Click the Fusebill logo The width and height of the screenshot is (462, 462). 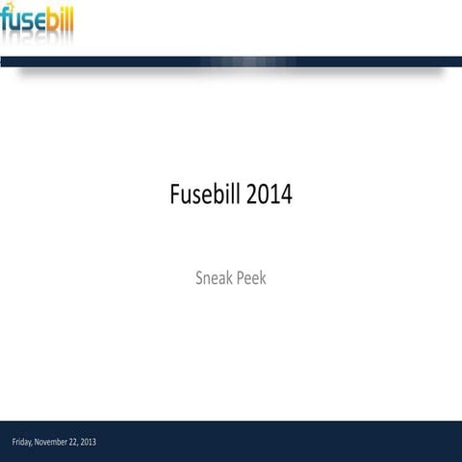tap(37, 20)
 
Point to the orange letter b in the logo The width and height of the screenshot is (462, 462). tap(51, 18)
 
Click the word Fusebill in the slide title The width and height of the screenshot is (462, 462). tap(205, 194)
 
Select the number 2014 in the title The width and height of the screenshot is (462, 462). tap(269, 194)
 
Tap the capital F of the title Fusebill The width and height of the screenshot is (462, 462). tap(175, 194)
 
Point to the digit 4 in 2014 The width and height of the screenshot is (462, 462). tap(286, 194)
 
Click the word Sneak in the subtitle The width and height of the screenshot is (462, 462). tap(212, 278)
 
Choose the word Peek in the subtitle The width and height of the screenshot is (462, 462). tap(248, 278)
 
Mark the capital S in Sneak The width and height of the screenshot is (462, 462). tap(199, 278)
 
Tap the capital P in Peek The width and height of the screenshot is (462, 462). tap(237, 278)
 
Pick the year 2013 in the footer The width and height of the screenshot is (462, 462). tap(89, 442)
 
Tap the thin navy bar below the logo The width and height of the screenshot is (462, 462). tap(231, 62)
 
